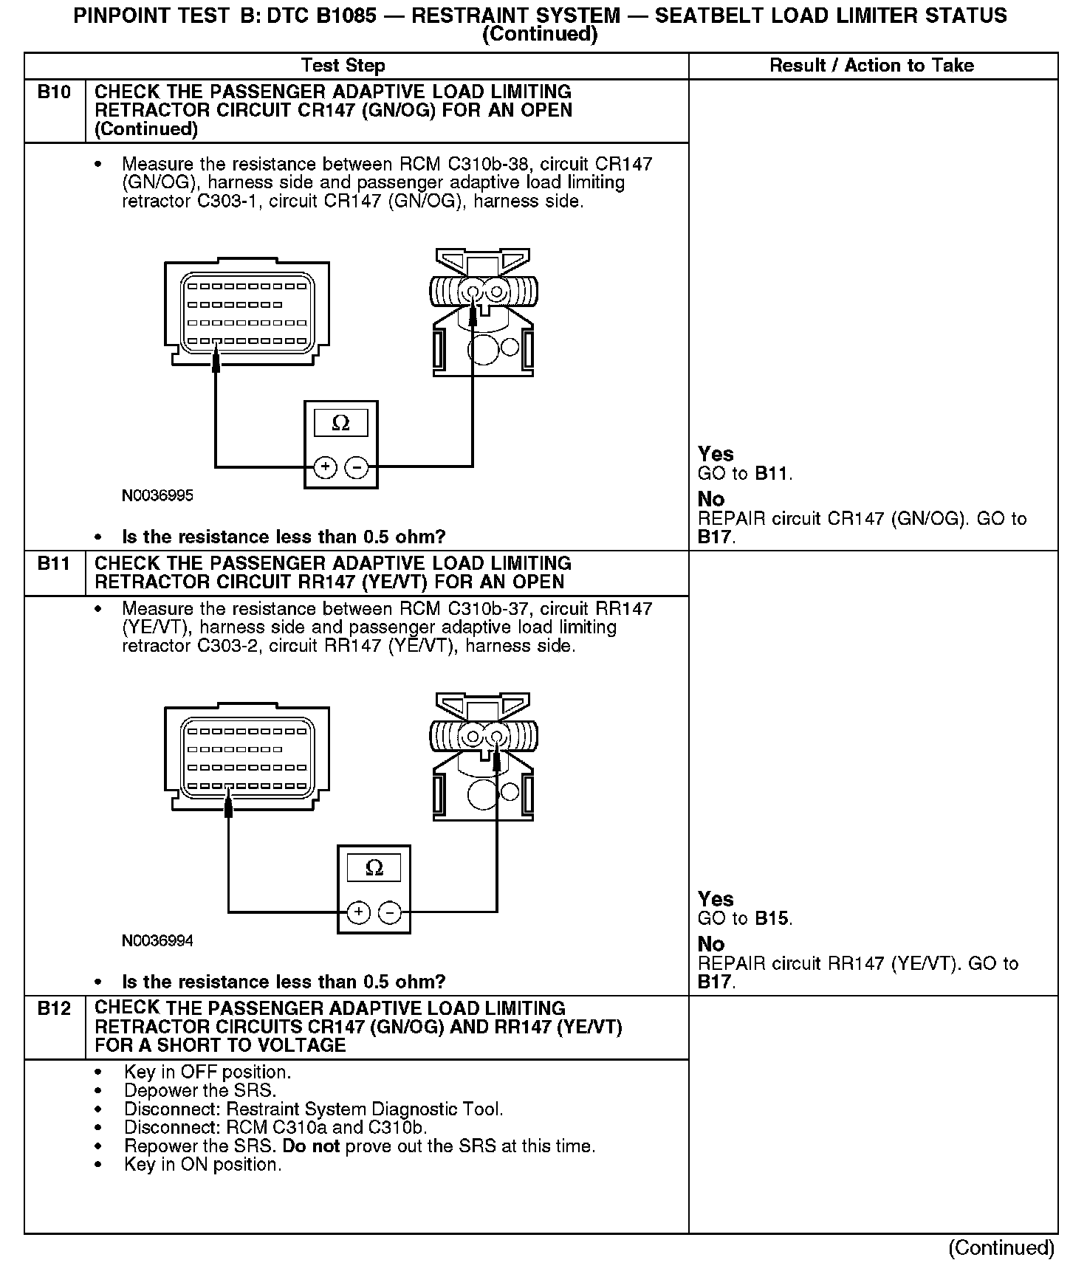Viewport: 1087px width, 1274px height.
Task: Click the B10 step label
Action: pos(54,92)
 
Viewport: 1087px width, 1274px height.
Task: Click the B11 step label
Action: pos(54,564)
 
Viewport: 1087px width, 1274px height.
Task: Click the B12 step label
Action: pos(54,1009)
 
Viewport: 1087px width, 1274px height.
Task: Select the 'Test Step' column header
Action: pos(343,66)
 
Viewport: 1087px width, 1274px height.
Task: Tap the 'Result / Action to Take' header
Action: pos(871,66)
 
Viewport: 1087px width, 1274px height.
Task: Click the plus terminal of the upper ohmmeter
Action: pos(326,467)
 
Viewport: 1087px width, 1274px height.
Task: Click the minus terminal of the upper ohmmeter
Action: pos(357,467)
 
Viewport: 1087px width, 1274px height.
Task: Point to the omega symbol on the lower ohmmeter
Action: pos(374,869)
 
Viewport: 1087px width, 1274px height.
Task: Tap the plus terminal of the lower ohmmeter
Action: pos(358,913)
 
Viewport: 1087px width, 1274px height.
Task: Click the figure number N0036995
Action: pos(157,495)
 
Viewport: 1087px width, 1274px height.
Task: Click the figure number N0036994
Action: pos(157,940)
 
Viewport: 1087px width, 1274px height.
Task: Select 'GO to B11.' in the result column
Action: pos(744,474)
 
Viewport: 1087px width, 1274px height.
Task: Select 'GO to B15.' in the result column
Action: pos(744,919)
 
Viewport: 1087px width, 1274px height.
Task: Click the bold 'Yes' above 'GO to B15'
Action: pos(716,899)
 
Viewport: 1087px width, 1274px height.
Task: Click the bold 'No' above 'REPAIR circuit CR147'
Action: pos(711,499)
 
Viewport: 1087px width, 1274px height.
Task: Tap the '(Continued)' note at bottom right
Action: pos(1001,1247)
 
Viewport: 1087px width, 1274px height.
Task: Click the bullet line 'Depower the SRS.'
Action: pos(200,1091)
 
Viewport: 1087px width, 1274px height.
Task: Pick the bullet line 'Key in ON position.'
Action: pos(203,1165)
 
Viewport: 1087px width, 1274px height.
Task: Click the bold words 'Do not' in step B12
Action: pos(311,1147)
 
